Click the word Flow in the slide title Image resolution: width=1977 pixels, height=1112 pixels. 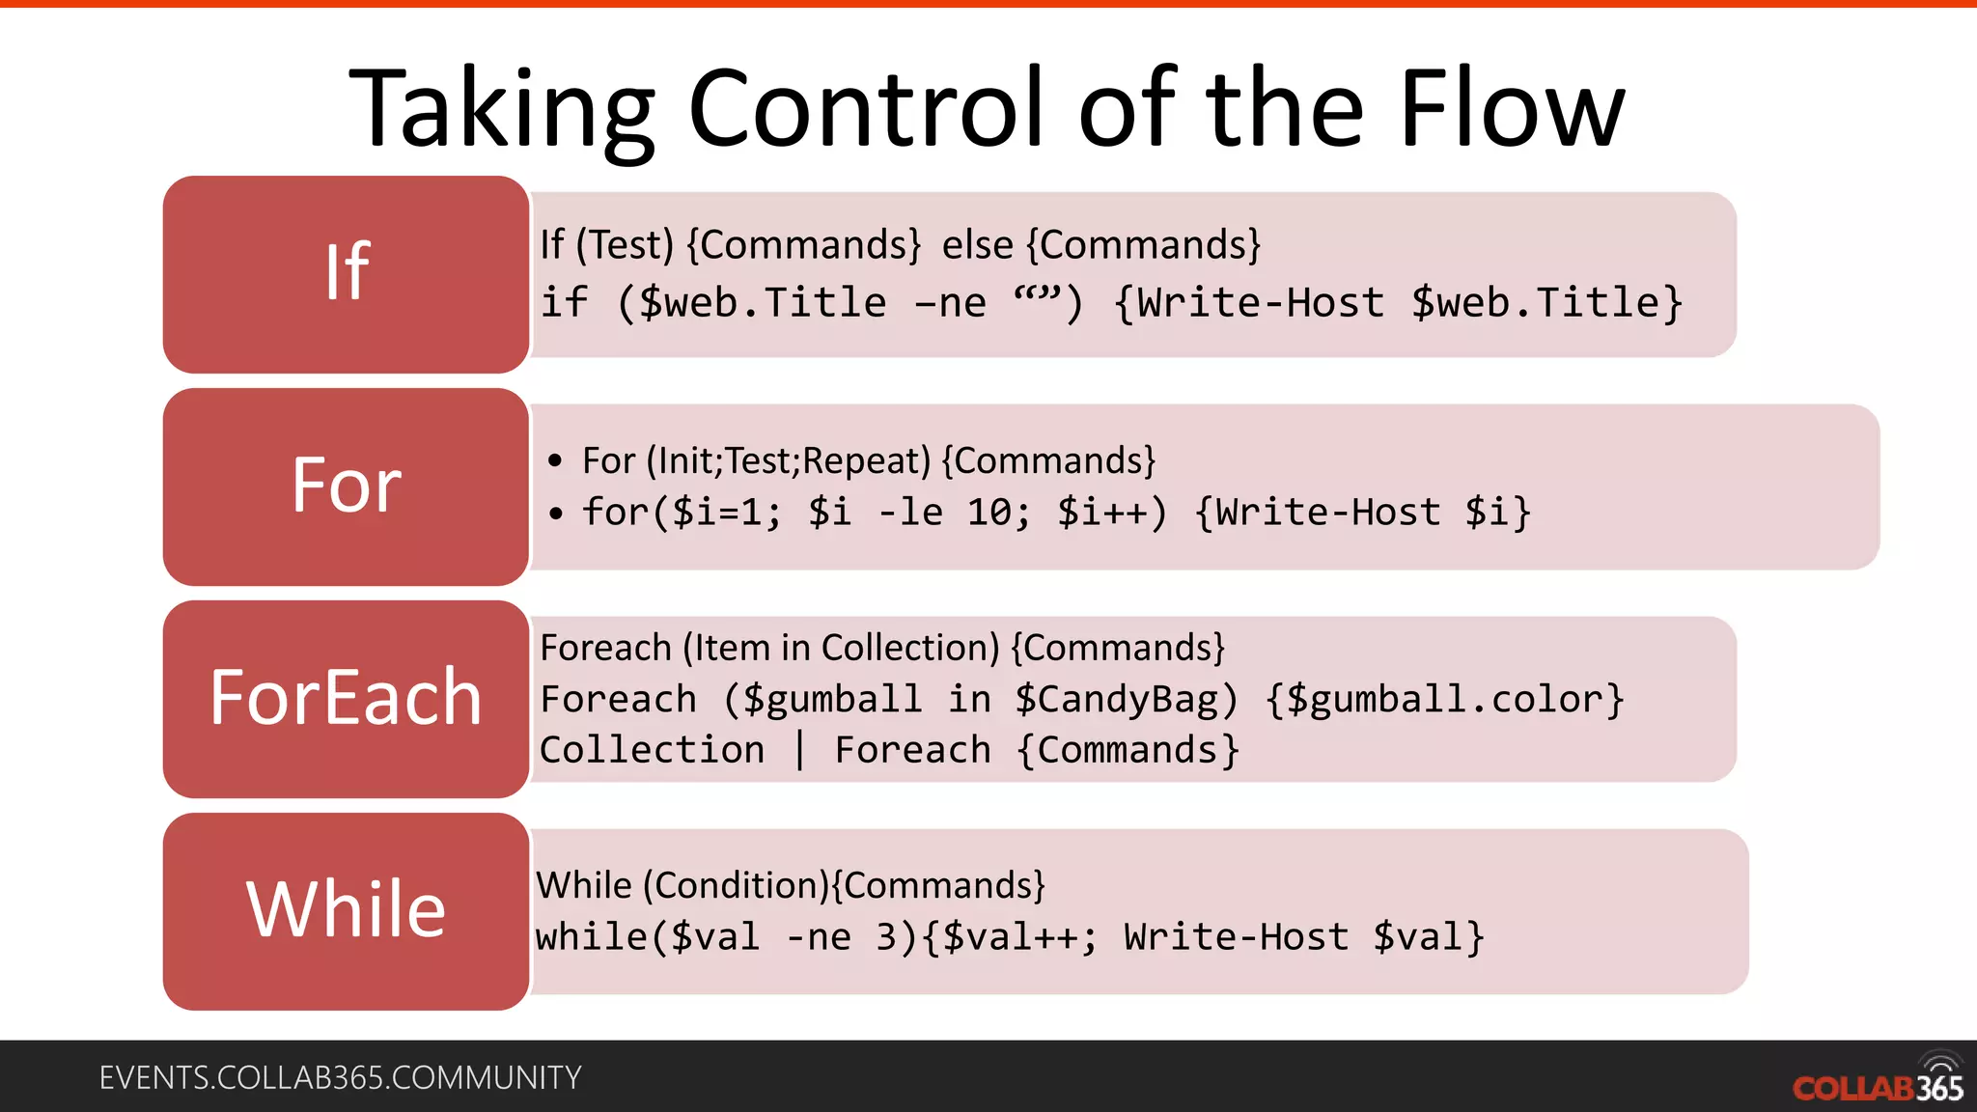(1512, 108)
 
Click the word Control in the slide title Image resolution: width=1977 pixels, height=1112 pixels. (867, 108)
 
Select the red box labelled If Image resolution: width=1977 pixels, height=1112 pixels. (347, 274)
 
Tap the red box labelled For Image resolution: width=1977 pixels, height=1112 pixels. (347, 486)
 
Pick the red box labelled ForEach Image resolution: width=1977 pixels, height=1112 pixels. (347, 699)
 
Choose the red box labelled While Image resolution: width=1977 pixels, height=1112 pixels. (347, 911)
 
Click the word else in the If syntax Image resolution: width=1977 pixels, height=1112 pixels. (977, 245)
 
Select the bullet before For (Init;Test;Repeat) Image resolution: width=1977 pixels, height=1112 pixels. (555, 461)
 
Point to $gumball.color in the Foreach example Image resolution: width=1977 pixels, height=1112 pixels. (1444, 700)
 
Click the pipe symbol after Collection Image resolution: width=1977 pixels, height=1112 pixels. (799, 750)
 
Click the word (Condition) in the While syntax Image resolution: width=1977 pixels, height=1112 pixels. (737, 886)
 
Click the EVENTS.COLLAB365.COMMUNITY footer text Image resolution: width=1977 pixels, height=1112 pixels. (340, 1077)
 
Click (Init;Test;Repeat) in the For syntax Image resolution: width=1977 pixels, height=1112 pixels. (789, 461)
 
